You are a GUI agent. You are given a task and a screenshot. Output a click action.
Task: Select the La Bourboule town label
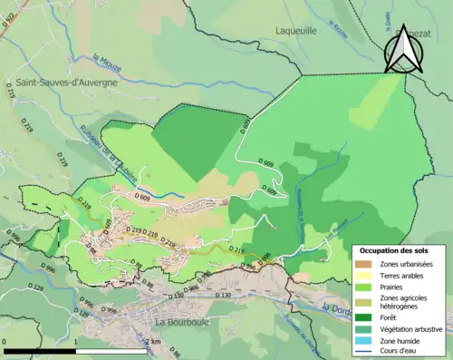coord(183,321)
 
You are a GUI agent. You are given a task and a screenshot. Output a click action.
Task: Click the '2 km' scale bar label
coord(155,342)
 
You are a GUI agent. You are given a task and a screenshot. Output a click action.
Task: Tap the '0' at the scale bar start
coord(5,342)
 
